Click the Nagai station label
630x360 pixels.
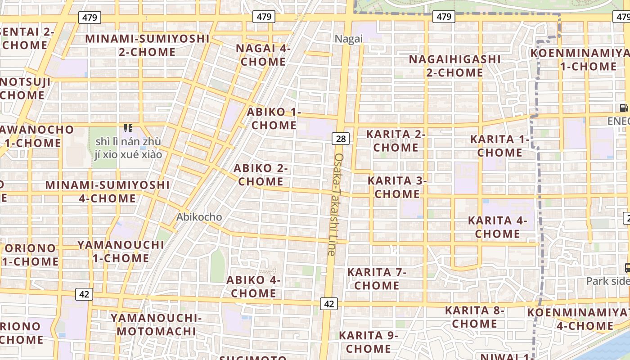(x=348, y=39)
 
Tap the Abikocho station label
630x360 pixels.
(x=199, y=217)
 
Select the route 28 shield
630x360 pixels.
(x=341, y=139)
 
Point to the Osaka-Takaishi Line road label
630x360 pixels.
(x=336, y=205)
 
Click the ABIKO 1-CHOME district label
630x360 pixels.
(x=274, y=118)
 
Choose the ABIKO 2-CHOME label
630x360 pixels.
(x=261, y=175)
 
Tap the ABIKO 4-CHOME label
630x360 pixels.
(x=253, y=287)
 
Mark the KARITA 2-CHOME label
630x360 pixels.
(x=396, y=141)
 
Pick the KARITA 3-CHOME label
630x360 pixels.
(x=397, y=187)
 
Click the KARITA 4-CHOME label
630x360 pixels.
(x=497, y=227)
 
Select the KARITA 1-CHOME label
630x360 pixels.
(x=499, y=146)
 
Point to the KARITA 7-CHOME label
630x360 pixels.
(x=377, y=279)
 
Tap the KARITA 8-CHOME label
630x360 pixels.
(x=475, y=317)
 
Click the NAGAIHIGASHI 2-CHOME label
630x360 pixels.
(x=454, y=66)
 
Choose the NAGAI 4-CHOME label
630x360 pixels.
(x=263, y=55)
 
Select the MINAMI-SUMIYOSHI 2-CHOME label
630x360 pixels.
(x=147, y=45)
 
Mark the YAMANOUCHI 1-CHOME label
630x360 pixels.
(x=121, y=252)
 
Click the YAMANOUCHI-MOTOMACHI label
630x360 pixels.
(x=156, y=324)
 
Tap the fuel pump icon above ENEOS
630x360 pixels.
(x=624, y=108)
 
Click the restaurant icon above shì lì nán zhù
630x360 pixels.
(x=128, y=128)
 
